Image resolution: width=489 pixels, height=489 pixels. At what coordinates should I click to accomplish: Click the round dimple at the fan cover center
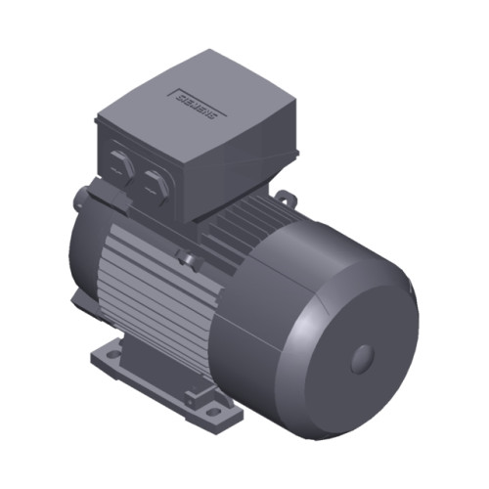tap(363, 357)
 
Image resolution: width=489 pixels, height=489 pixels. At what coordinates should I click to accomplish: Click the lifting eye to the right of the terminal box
tap(284, 200)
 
